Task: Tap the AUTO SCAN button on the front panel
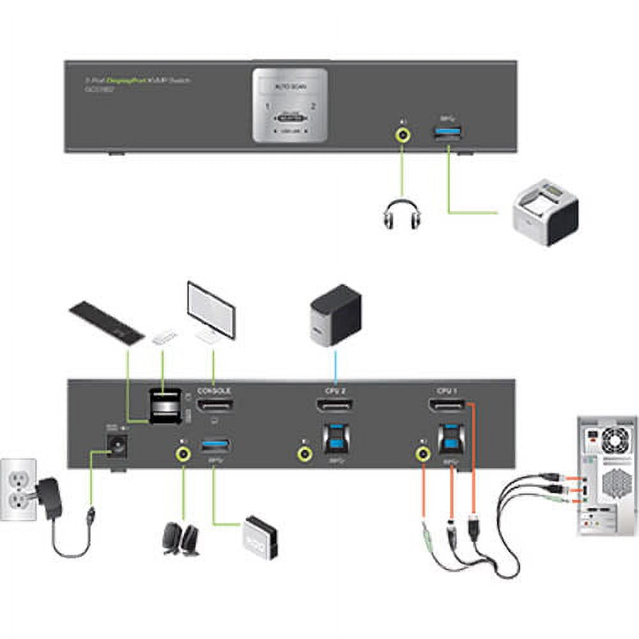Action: pyautogui.click(x=289, y=88)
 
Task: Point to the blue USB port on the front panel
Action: pyautogui.click(x=449, y=134)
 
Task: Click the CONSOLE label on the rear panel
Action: pyautogui.click(x=213, y=390)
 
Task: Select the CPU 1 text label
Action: pyautogui.click(x=447, y=390)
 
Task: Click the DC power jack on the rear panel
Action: pyautogui.click(x=116, y=447)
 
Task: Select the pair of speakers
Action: pyautogui.click(x=180, y=539)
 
